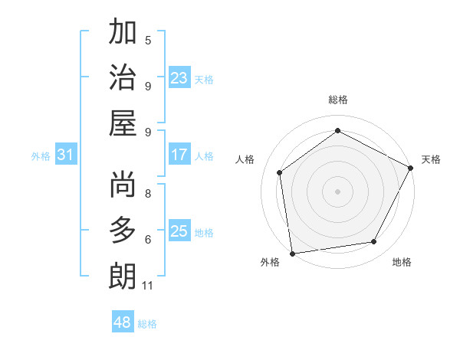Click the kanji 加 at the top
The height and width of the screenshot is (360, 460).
[x=123, y=33]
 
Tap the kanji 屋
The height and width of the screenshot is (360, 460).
[x=123, y=123]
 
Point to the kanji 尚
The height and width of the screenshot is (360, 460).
[x=123, y=185]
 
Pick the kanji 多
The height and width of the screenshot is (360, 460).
[x=123, y=231]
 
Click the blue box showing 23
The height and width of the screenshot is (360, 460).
[x=179, y=77]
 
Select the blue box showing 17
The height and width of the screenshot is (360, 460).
[x=179, y=155]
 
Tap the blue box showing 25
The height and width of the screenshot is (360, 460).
[x=179, y=231]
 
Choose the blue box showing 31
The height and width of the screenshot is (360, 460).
[x=66, y=155]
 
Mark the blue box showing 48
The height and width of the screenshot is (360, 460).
[x=123, y=322]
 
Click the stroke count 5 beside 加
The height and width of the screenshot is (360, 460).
[x=148, y=40]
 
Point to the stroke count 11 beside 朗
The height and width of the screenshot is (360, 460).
[x=147, y=286]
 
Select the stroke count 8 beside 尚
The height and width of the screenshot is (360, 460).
[x=148, y=195]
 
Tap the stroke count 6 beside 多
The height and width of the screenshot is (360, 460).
[x=148, y=240]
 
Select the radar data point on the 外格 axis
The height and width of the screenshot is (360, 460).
[x=292, y=253]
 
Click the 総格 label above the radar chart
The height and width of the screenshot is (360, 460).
[x=337, y=100]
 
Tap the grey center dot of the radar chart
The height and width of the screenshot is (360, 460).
[x=337, y=191]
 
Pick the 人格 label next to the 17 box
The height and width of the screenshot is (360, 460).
[x=204, y=155]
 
